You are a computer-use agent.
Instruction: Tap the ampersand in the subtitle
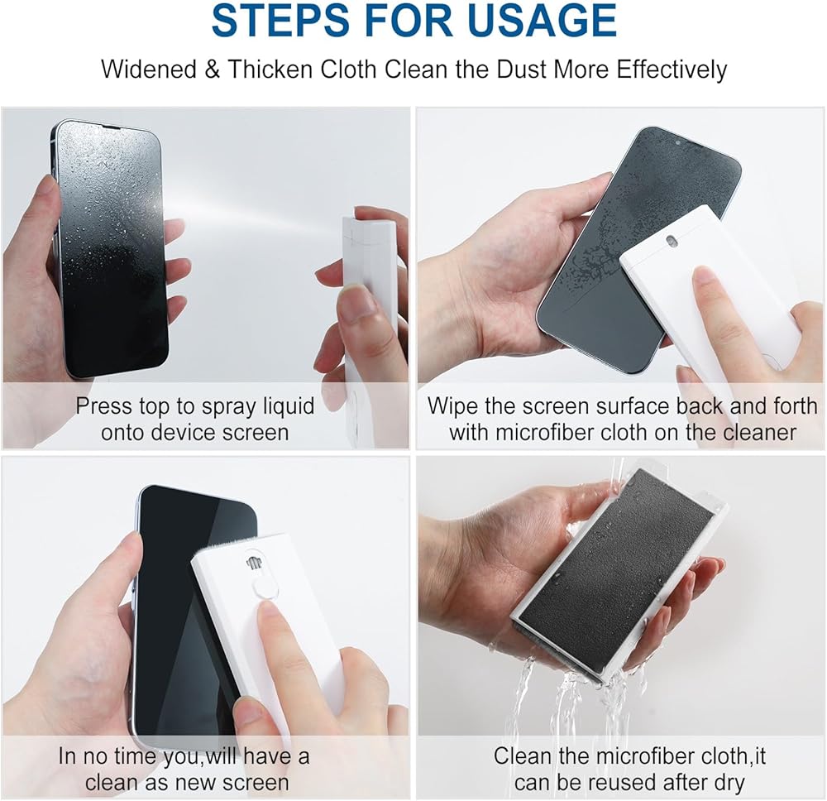point(212,70)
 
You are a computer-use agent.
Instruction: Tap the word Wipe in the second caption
point(452,407)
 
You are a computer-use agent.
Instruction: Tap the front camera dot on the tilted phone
point(677,142)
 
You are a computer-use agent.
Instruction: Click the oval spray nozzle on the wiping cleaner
point(672,241)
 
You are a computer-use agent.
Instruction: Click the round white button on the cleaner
point(265,588)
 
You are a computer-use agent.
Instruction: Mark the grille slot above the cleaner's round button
point(254,563)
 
